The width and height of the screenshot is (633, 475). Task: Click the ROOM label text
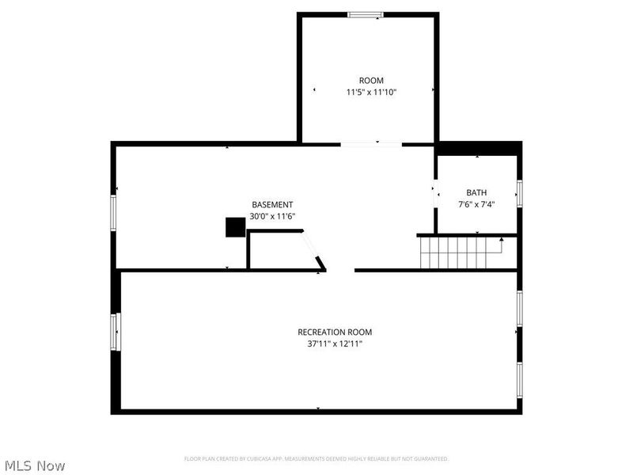(371, 81)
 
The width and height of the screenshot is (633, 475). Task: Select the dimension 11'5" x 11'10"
(371, 93)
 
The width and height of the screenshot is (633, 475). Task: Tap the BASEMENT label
(272, 204)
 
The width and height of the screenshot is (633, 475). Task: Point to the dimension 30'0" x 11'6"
(272, 216)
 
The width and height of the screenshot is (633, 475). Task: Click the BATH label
(476, 192)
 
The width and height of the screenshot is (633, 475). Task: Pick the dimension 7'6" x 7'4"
(476, 204)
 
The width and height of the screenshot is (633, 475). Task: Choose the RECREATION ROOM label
(335, 332)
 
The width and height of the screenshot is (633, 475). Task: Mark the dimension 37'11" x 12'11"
(335, 344)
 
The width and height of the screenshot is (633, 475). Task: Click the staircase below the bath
(459, 253)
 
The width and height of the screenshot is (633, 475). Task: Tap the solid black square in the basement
(235, 227)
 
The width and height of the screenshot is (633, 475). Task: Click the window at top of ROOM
(366, 14)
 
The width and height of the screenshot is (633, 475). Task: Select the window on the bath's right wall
(519, 192)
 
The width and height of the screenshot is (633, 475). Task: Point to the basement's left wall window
(114, 212)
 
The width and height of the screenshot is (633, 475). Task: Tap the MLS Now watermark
(35, 465)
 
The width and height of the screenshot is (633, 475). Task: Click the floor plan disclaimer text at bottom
(316, 458)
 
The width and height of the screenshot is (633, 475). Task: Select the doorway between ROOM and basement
(370, 144)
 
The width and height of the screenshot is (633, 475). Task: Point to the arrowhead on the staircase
(502, 239)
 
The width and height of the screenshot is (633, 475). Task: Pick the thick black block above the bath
(479, 148)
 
